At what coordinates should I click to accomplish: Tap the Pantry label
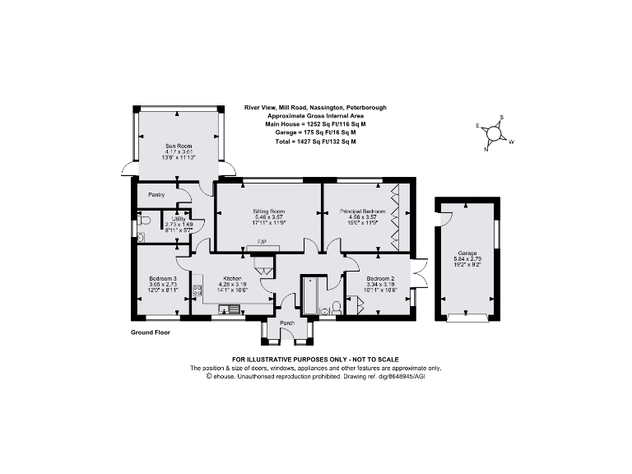(156, 195)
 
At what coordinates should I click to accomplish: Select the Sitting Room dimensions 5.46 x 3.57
(267, 217)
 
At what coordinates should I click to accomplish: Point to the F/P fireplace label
(262, 243)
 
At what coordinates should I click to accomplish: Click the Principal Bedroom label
(362, 211)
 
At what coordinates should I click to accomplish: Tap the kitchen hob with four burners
(197, 290)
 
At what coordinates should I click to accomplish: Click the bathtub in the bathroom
(311, 296)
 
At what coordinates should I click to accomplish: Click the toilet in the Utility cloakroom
(144, 221)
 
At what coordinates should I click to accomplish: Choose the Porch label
(287, 323)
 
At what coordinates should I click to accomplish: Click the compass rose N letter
(487, 148)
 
